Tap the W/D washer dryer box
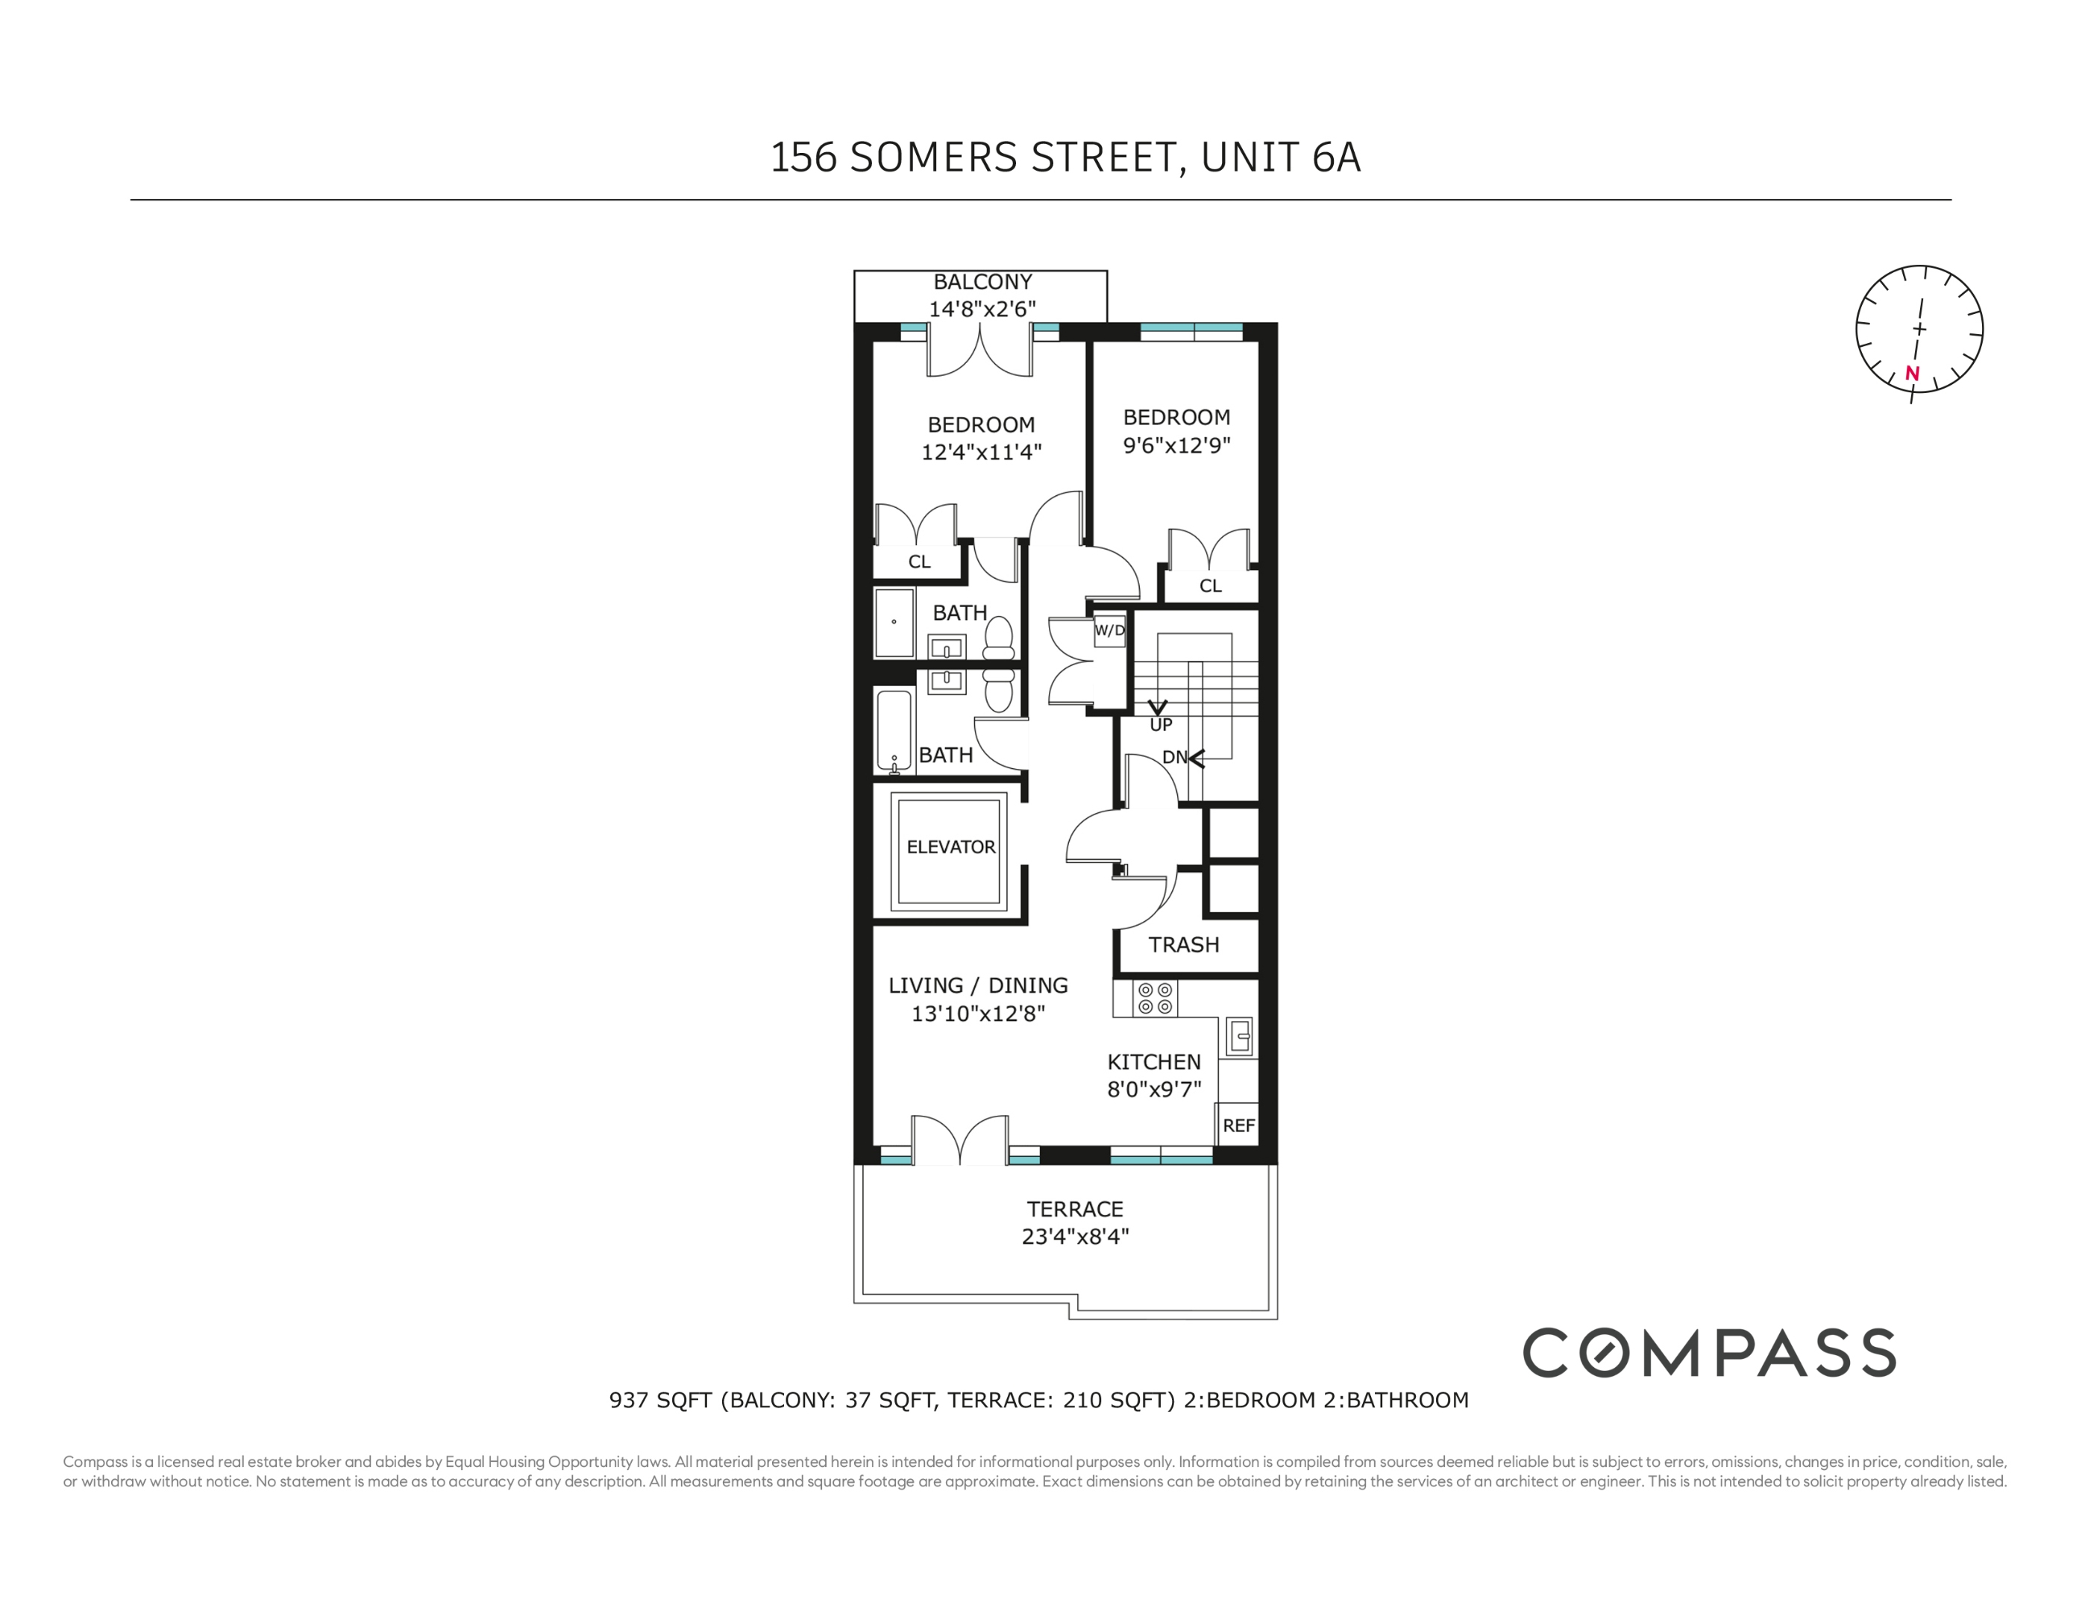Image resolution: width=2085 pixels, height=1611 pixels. coord(1109,631)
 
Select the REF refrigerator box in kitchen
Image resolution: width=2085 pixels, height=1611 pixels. coord(1238,1125)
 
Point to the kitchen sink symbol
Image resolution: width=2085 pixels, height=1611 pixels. coord(1240,1035)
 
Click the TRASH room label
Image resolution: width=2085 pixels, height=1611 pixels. coord(1183,945)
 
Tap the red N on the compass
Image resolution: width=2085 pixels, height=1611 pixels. coord(1911,373)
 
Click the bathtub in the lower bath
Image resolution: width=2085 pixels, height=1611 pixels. coord(894,730)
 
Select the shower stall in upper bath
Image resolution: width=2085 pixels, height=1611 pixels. coord(894,622)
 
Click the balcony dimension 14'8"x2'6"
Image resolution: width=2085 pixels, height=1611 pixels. coord(982,308)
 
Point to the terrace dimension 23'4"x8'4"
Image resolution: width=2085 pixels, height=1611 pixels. coord(1075,1237)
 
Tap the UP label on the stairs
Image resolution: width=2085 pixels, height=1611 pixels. coord(1160,724)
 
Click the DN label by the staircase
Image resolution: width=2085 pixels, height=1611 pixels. coord(1174,757)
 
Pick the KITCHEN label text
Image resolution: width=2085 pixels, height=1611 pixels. coord(1153,1062)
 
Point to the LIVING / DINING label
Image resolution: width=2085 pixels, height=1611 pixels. coord(977,986)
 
